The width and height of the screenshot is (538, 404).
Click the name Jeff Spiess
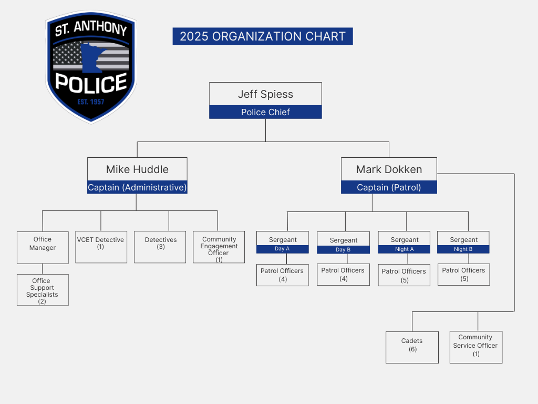(x=265, y=94)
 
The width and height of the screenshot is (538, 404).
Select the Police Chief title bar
(x=265, y=112)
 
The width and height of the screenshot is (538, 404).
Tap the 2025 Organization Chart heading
(x=263, y=36)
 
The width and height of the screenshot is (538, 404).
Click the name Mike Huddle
(x=137, y=169)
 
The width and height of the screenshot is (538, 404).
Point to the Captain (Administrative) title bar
(x=137, y=187)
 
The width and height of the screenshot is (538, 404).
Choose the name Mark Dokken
(x=389, y=169)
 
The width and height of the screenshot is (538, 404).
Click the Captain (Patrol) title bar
(x=389, y=187)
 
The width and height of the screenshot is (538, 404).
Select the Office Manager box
(x=43, y=247)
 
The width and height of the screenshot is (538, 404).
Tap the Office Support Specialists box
(x=43, y=290)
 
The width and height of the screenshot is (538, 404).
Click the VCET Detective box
(x=101, y=247)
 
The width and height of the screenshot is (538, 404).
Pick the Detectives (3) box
(x=160, y=247)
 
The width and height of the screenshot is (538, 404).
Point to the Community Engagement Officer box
(x=219, y=247)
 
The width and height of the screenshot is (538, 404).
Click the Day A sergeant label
(x=282, y=249)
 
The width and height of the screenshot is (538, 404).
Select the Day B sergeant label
(x=343, y=250)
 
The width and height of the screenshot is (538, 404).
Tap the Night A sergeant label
(x=404, y=249)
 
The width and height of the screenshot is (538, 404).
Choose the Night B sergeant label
(x=463, y=249)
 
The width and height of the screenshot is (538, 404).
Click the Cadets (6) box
(x=412, y=347)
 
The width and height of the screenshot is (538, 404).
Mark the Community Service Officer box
(x=475, y=347)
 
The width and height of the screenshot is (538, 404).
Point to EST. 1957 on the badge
(x=91, y=102)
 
